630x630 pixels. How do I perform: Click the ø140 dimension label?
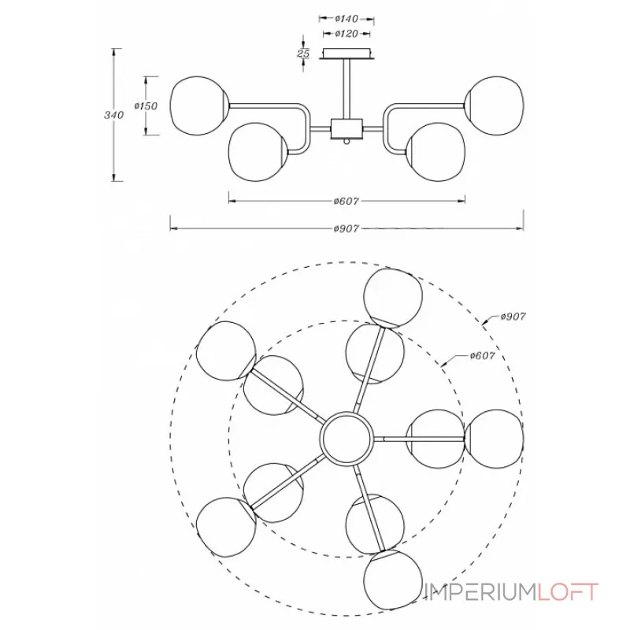(346, 18)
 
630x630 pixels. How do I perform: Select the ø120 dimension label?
(346, 34)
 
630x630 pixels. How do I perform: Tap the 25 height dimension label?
(303, 53)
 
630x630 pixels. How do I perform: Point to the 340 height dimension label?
(113, 115)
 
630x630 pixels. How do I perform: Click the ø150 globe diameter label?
(146, 106)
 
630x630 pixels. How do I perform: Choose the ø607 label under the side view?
(346, 201)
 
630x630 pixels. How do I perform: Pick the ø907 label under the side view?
(346, 228)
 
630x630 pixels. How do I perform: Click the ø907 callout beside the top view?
(513, 317)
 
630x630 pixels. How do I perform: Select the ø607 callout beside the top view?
(483, 356)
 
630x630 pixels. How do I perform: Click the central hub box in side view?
(346, 129)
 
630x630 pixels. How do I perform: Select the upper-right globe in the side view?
(495, 106)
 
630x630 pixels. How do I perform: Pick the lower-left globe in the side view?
(258, 152)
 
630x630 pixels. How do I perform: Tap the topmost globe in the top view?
(393, 298)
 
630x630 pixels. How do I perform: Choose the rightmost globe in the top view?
(495, 439)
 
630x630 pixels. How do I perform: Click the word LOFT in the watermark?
(568, 592)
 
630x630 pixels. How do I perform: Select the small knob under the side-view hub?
(346, 143)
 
